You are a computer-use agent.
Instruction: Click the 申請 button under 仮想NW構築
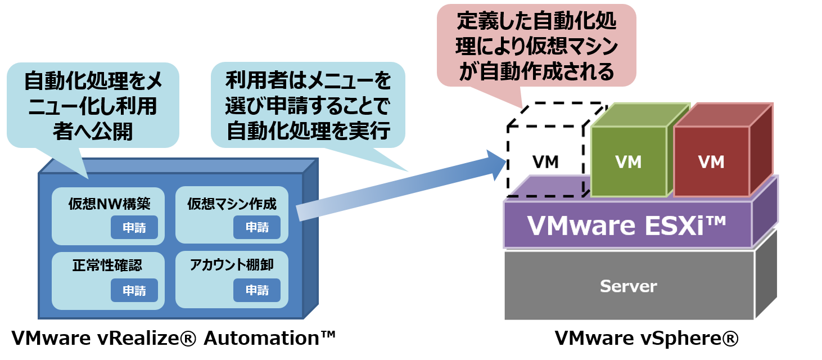134,227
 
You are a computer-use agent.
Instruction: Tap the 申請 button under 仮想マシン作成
257,227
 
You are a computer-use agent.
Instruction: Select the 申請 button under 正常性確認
134,290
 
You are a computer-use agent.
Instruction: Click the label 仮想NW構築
109,203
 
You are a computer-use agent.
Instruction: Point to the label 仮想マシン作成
232,203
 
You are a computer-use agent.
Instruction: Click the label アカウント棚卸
232,265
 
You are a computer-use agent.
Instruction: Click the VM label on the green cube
628,162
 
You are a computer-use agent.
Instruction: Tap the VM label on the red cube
711,162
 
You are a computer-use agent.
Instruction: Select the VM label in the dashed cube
545,162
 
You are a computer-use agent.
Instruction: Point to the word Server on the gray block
628,286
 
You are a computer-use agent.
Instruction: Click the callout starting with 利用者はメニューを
308,105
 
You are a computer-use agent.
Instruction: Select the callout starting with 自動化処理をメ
93,105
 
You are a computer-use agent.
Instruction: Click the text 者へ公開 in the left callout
93,130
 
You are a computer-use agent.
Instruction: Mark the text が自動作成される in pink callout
536,72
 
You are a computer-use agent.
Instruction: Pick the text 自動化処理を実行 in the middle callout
308,130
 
